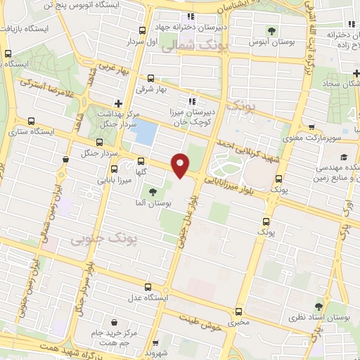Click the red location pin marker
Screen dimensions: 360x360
[x=181, y=165]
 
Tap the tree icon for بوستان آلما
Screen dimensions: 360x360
[x=152, y=192]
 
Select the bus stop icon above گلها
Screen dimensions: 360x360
[x=141, y=160]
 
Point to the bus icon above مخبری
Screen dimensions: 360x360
[x=238, y=311]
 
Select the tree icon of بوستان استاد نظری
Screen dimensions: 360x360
[x=319, y=307]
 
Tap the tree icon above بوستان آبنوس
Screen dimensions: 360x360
[x=271, y=30]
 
